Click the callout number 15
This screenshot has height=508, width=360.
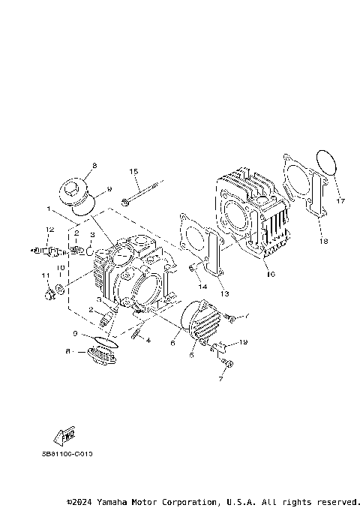(134, 172)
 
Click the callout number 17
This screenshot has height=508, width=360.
(340, 201)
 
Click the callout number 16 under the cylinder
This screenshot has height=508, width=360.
(271, 275)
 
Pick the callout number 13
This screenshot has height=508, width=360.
(224, 293)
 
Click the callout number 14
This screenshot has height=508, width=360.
(201, 286)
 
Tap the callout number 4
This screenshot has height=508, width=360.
(148, 341)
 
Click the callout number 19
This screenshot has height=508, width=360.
(242, 342)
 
